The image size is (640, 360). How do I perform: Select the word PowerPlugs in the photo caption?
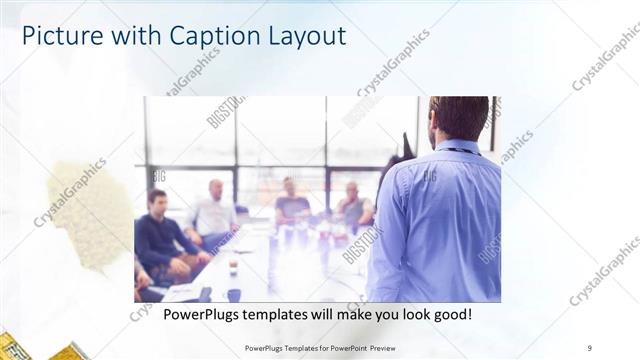click(x=197, y=315)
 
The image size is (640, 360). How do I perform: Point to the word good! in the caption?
click(x=450, y=315)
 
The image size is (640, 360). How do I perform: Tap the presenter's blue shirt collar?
click(x=454, y=147)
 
